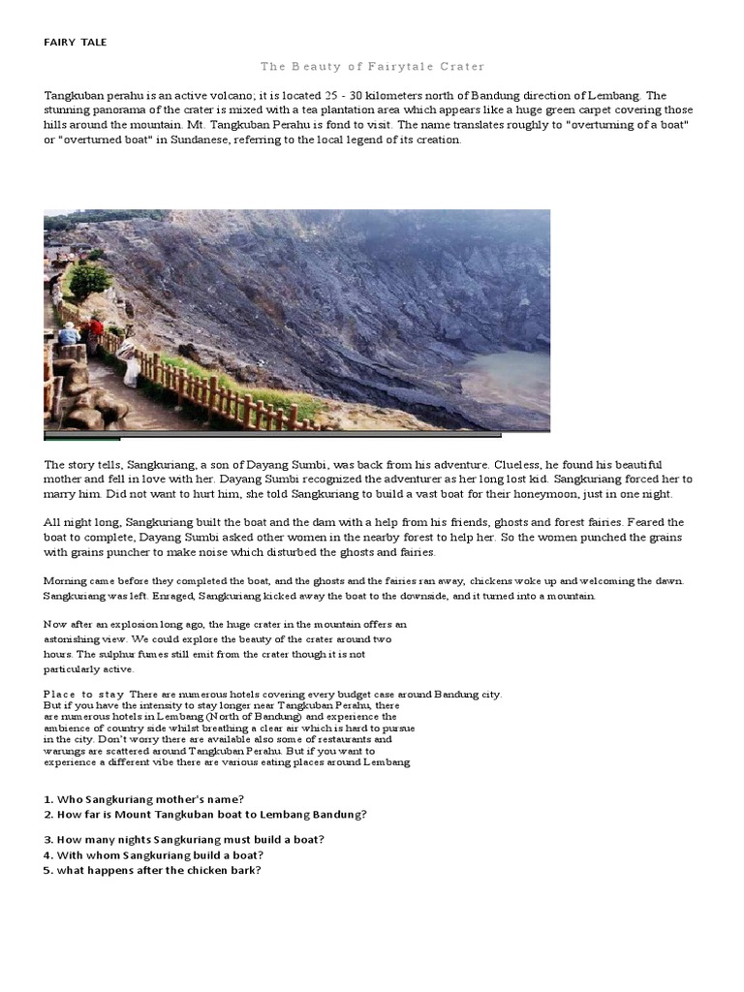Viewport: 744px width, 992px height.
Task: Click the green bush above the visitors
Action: [x=89, y=280]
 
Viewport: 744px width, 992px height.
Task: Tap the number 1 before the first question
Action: [x=47, y=799]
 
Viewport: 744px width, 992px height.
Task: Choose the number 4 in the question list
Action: [x=47, y=855]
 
